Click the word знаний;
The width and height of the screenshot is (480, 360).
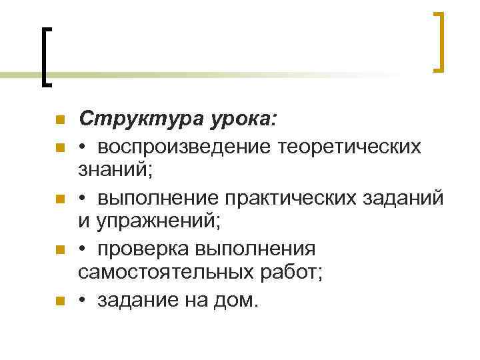[x=115, y=172]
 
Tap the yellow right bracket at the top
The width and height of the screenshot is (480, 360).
[x=439, y=41]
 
